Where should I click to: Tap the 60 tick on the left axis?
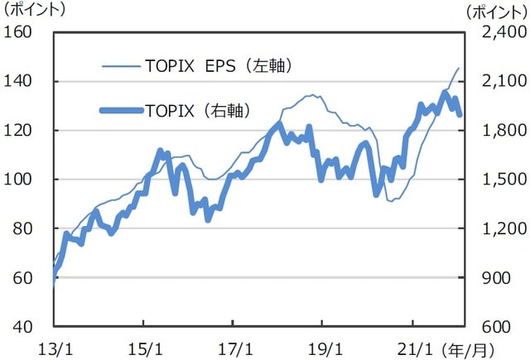point(22,278)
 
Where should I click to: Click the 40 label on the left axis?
point(22,327)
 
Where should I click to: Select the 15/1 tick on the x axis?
point(143,344)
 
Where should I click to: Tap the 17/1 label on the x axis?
point(233,344)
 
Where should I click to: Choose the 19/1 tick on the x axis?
point(322,344)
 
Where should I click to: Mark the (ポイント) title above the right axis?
point(496,11)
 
